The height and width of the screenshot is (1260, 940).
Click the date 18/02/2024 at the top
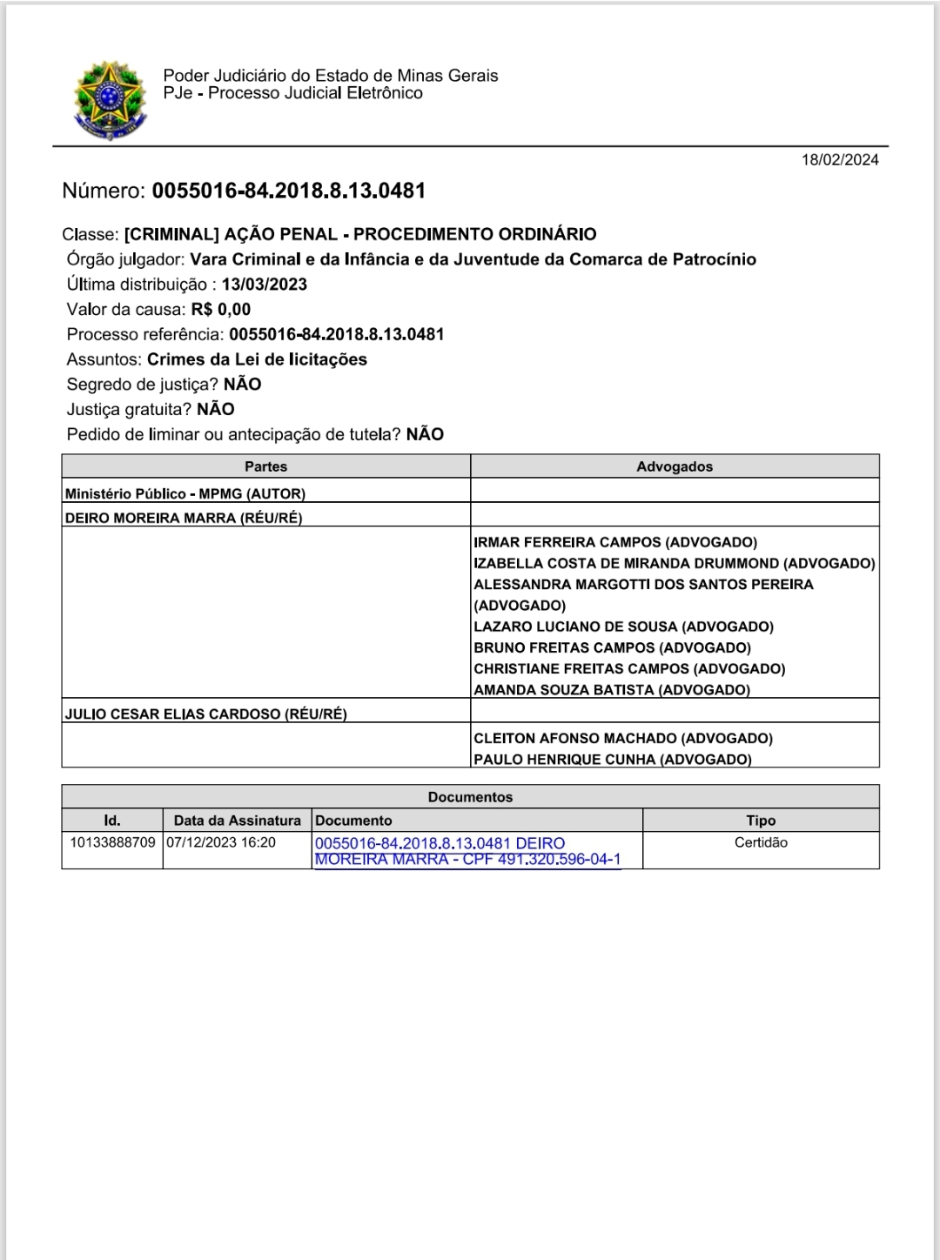pyautogui.click(x=840, y=159)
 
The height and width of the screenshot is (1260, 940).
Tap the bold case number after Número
pyautogui.click(x=288, y=191)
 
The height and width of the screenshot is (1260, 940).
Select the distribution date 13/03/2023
pyautogui.click(x=264, y=285)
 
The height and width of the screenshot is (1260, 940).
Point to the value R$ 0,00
pyautogui.click(x=221, y=309)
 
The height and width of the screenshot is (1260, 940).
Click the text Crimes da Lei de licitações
pyautogui.click(x=257, y=359)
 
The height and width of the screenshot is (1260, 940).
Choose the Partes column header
pyautogui.click(x=265, y=466)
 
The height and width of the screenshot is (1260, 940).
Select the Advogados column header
pyautogui.click(x=674, y=466)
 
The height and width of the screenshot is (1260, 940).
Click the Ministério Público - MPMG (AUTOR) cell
pyautogui.click(x=185, y=493)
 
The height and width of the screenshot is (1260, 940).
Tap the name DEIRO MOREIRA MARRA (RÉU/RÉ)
pyautogui.click(x=184, y=518)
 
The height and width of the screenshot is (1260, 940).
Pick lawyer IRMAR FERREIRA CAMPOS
pyautogui.click(x=614, y=542)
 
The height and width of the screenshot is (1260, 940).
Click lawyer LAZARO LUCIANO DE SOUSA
pyautogui.click(x=623, y=627)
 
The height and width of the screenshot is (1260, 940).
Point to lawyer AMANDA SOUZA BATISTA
pyautogui.click(x=611, y=690)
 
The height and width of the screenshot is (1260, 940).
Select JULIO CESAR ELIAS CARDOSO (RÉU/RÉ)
pyautogui.click(x=205, y=714)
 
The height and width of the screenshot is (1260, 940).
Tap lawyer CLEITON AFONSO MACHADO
pyautogui.click(x=622, y=738)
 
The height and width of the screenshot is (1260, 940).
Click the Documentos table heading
pyautogui.click(x=470, y=797)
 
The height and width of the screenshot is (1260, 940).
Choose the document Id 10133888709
pyautogui.click(x=112, y=842)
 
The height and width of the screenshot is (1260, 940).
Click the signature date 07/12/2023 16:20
pyautogui.click(x=221, y=842)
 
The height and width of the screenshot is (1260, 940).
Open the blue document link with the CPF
pyautogui.click(x=467, y=852)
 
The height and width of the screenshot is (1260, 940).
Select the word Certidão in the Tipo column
pyautogui.click(x=761, y=842)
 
